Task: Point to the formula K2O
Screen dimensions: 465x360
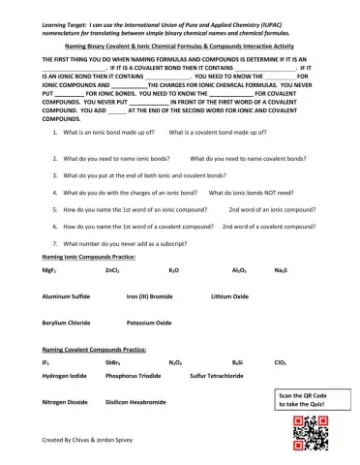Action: pyautogui.click(x=173, y=270)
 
